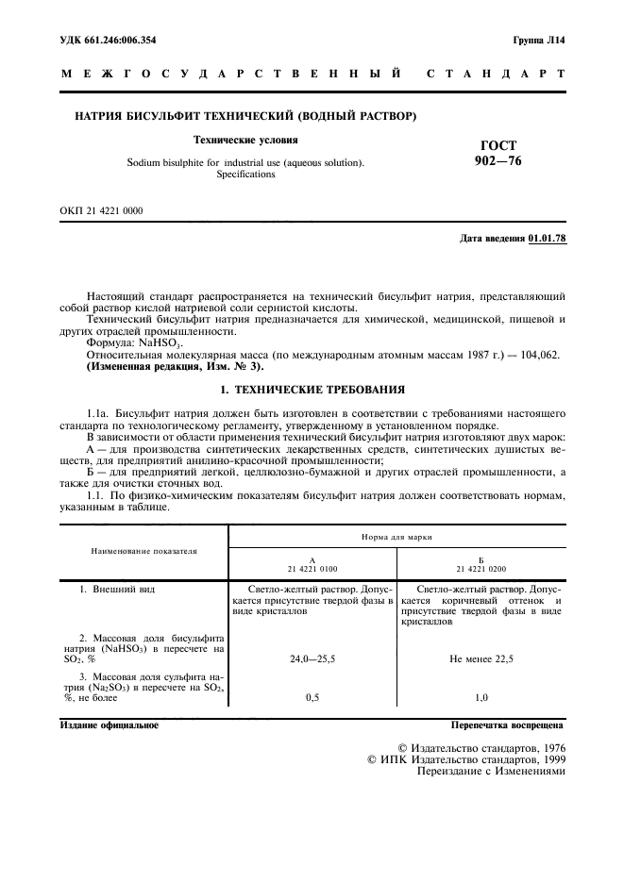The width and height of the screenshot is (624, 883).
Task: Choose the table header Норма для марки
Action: coord(396,536)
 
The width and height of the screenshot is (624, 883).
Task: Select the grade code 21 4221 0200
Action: coord(481,569)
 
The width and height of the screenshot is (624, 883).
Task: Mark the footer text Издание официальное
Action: coord(110,725)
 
